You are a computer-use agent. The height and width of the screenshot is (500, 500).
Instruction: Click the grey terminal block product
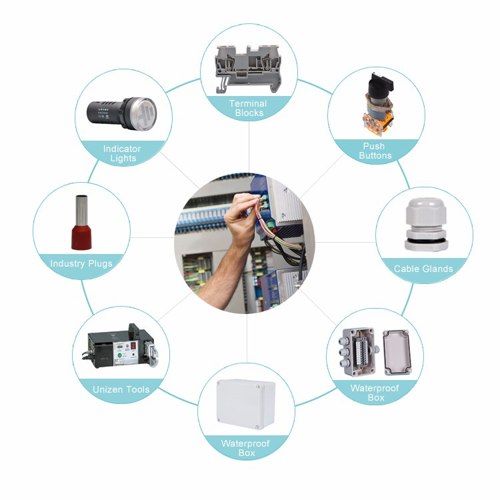coord(249,68)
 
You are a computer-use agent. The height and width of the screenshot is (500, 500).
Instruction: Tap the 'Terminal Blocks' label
coord(249,108)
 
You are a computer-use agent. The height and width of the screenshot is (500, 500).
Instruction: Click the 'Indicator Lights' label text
coord(122,153)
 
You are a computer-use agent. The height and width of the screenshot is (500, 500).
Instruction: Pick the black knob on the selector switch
coord(381,84)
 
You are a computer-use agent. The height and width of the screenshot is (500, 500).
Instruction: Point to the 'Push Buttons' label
coord(375,151)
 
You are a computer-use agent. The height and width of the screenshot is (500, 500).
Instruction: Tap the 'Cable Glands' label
coord(423,269)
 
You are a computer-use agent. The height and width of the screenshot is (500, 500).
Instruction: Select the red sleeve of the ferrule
coord(81,237)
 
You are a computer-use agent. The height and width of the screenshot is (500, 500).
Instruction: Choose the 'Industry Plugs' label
coord(81,264)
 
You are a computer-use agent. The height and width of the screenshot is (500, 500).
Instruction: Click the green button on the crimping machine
coord(120,355)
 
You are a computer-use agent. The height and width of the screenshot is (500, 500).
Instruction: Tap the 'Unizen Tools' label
coord(121,389)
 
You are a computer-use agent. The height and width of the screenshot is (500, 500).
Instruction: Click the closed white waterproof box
coord(246,405)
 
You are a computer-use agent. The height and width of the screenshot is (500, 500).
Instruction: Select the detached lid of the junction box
coord(397,352)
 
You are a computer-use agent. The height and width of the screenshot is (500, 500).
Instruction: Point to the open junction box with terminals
coord(359,351)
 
